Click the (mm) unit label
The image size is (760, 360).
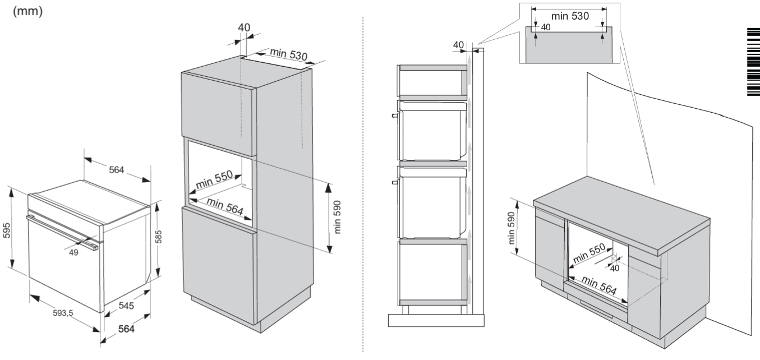[28, 11]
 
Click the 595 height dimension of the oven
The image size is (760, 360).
[7, 230]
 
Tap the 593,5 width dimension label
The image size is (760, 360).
[63, 313]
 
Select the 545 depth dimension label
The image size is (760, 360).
[126, 306]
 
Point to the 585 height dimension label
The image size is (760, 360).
[158, 237]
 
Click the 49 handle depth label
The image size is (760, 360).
[73, 252]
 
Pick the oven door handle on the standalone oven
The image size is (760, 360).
[62, 233]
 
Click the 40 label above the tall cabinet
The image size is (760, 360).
[244, 27]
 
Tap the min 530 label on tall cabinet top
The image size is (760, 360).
[289, 54]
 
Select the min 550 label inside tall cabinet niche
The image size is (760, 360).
[214, 179]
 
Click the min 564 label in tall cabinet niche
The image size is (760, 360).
[225, 206]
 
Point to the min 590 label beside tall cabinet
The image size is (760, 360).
[337, 217]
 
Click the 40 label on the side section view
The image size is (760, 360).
[458, 45]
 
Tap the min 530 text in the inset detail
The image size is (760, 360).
[570, 16]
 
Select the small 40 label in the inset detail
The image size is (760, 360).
[546, 27]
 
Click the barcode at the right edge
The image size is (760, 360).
[754, 62]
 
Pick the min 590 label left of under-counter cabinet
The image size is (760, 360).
[512, 228]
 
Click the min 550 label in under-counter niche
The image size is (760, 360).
[589, 253]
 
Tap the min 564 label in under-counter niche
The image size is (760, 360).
[599, 285]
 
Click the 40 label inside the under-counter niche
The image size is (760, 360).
[615, 269]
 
